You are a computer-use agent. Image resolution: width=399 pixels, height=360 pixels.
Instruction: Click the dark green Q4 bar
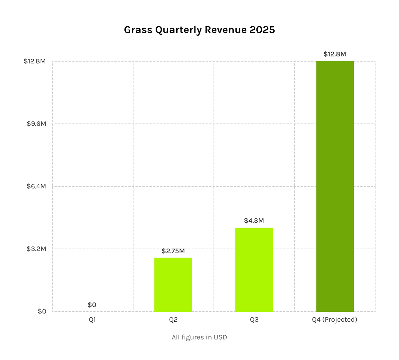click(x=335, y=186)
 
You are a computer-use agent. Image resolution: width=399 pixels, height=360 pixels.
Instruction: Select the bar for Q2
click(x=173, y=285)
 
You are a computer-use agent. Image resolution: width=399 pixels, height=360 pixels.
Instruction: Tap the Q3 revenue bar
click(x=254, y=270)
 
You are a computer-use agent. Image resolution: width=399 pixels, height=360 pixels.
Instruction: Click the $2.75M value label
click(x=173, y=251)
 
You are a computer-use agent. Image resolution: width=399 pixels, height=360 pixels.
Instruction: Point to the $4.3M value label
click(x=254, y=221)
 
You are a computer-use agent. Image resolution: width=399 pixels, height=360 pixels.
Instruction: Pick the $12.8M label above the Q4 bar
click(x=335, y=54)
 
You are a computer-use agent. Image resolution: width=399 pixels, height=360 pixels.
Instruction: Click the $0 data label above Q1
click(x=92, y=305)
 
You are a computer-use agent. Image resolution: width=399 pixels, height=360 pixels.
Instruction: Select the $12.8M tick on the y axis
click(x=35, y=62)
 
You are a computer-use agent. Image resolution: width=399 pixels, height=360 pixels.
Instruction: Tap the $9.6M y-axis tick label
click(x=36, y=124)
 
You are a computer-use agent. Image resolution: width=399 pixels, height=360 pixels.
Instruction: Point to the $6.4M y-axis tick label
click(x=36, y=186)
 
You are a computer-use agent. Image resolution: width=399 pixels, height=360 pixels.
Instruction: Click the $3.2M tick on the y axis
click(x=36, y=249)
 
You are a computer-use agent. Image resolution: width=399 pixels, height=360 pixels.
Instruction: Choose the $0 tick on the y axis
click(x=42, y=312)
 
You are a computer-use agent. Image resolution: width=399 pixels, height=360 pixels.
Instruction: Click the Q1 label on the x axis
click(x=92, y=320)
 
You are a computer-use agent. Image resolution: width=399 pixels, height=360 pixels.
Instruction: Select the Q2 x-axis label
click(x=173, y=320)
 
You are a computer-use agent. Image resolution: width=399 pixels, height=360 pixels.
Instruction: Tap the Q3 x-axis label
click(x=254, y=320)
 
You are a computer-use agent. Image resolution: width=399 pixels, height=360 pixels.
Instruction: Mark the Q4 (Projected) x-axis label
click(x=334, y=320)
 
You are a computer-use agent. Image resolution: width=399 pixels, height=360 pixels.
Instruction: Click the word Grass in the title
click(x=138, y=30)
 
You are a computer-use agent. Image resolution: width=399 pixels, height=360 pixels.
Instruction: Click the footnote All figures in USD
click(x=199, y=337)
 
